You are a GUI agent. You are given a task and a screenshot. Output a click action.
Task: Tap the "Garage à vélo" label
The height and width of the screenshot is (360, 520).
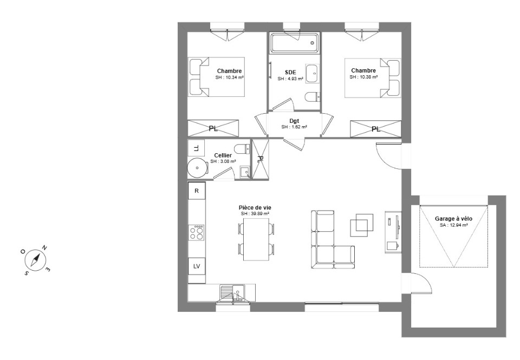click(x=453, y=219)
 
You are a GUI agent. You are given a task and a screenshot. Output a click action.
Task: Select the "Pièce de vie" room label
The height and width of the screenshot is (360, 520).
click(x=255, y=207)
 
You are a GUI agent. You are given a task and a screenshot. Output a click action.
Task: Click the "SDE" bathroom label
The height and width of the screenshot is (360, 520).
click(x=290, y=73)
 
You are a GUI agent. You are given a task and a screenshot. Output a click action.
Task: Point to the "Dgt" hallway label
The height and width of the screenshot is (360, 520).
click(x=294, y=121)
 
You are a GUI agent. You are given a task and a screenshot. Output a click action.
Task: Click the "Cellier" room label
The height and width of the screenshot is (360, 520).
click(x=223, y=155)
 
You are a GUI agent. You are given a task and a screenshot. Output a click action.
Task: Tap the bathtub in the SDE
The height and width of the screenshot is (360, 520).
click(x=294, y=43)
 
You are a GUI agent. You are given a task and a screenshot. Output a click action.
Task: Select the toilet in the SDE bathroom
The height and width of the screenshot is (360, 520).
click(x=312, y=97)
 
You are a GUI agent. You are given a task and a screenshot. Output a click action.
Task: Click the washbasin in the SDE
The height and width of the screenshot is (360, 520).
click(x=311, y=74)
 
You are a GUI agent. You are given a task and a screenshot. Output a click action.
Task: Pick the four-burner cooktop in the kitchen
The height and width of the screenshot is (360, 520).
click(x=196, y=232)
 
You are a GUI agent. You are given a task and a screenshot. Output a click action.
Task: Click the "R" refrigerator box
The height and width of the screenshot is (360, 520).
click(x=197, y=191)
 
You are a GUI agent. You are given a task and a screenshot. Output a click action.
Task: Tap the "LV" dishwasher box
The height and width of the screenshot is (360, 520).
click(x=197, y=266)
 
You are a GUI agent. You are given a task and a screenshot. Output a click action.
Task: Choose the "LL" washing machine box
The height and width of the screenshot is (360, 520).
click(x=196, y=148)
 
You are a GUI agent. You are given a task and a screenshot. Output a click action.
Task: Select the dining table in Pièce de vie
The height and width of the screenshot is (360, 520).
click(x=256, y=239)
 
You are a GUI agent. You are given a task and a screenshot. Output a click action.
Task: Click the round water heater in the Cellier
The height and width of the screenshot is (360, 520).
click(x=197, y=168)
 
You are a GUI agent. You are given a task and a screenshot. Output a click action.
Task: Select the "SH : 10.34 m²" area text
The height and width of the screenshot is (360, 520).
click(x=230, y=77)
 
